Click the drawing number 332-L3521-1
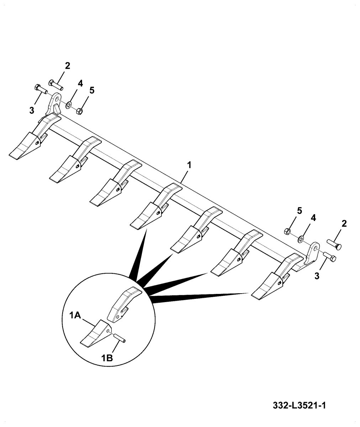pyautogui.click(x=300, y=406)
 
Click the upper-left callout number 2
pyautogui.click(x=67, y=65)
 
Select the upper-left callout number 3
pyautogui.click(x=32, y=110)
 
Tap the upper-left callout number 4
pyautogui.click(x=80, y=83)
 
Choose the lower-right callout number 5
pyautogui.click(x=299, y=210)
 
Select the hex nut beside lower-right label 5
pyautogui.click(x=287, y=232)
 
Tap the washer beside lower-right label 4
pyautogui.click(x=301, y=238)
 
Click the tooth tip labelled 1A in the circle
pyautogui.click(x=94, y=334)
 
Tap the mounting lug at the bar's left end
pyautogui.click(x=54, y=104)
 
